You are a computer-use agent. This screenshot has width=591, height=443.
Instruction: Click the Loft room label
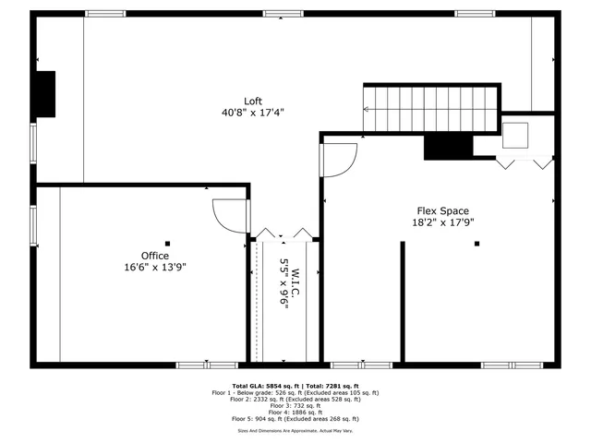click(252, 102)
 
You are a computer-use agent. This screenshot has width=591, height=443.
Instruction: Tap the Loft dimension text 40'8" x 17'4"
click(252, 113)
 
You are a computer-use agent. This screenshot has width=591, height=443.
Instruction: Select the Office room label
click(154, 256)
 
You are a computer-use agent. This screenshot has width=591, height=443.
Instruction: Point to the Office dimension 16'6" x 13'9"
click(154, 267)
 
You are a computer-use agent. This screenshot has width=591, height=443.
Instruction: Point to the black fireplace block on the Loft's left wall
click(45, 93)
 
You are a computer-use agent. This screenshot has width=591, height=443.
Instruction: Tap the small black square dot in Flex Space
click(477, 244)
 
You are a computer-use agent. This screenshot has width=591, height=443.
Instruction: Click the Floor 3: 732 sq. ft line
click(295, 405)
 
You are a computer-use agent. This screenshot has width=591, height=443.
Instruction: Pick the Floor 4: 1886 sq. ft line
click(295, 412)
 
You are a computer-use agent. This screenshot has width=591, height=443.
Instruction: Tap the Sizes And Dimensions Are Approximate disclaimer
click(295, 430)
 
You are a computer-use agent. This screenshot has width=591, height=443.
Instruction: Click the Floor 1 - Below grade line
click(295, 392)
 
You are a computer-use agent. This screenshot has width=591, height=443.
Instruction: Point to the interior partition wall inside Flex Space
click(402, 300)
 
